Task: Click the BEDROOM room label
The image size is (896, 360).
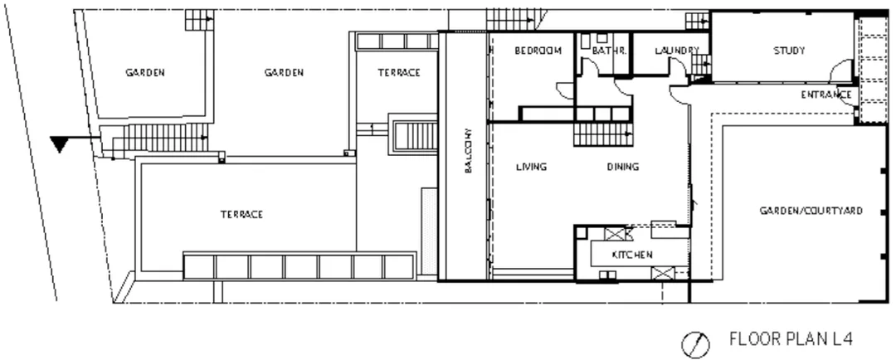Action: (x=538, y=51)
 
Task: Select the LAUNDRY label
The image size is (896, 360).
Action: (x=677, y=51)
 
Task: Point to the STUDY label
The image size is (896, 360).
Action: (x=789, y=51)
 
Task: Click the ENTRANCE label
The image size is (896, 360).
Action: (x=826, y=95)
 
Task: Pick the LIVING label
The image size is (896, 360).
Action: (x=532, y=167)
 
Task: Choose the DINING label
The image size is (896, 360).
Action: (x=623, y=167)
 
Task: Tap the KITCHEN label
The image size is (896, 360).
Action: (x=632, y=255)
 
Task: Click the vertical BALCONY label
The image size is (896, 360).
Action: (x=468, y=151)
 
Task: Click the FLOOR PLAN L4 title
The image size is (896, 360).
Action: (x=791, y=339)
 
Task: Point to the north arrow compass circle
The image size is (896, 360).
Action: (x=696, y=344)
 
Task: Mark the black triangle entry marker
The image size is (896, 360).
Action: (x=59, y=144)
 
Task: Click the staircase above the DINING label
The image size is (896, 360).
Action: (x=603, y=134)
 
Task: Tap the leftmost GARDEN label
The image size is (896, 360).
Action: (x=145, y=72)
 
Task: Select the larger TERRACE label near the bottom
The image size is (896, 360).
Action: (x=241, y=214)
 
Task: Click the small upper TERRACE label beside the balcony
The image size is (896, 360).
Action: (x=399, y=72)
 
